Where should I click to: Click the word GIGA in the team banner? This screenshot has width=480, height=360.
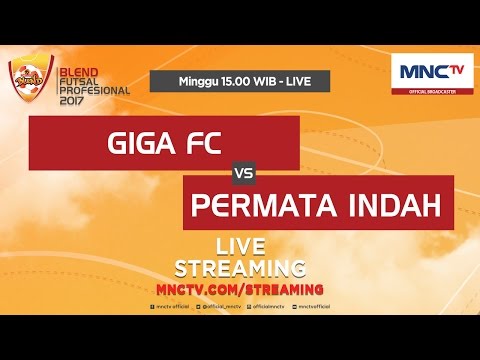click(x=137, y=141)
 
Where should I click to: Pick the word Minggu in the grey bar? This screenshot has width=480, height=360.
click(x=195, y=79)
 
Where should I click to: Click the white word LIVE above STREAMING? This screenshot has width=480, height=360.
click(x=240, y=246)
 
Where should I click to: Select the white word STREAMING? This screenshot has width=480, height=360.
click(x=240, y=267)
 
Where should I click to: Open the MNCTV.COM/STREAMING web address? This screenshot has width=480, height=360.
click(x=240, y=288)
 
